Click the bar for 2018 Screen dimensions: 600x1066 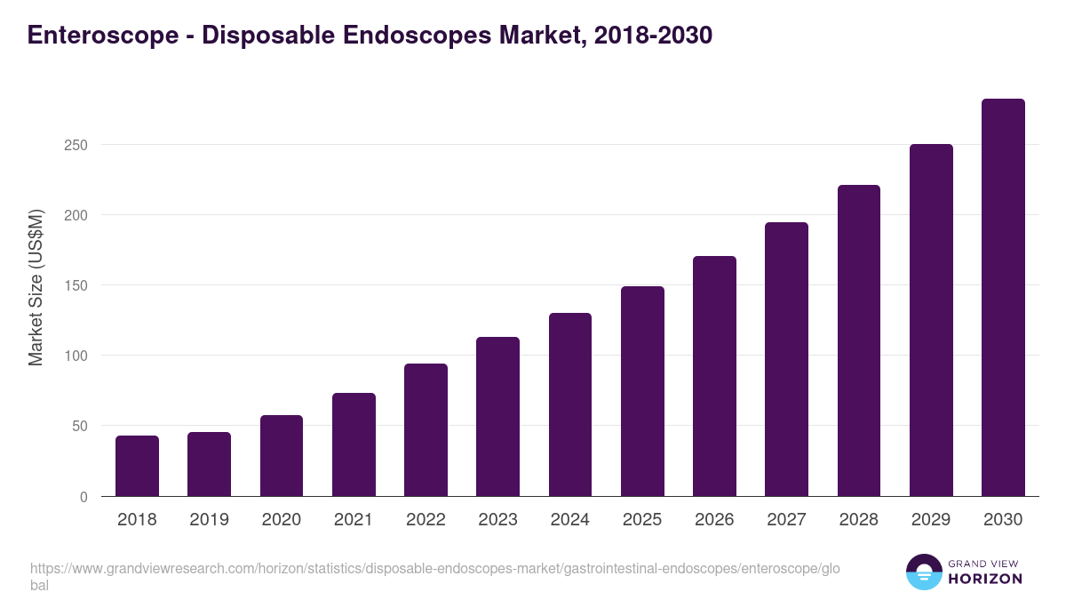click(137, 466)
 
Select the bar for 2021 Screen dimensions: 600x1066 click(354, 444)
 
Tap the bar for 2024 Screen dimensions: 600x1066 click(570, 404)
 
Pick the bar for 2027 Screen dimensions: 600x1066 click(786, 359)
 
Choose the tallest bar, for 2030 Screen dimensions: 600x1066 click(1003, 298)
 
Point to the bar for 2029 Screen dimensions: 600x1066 click(931, 320)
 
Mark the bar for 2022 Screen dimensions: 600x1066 click(426, 429)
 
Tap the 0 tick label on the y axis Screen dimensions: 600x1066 click(84, 497)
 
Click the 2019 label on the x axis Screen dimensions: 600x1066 click(209, 520)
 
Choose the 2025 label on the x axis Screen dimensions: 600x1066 click(642, 520)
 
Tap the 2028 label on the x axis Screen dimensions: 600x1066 click(858, 520)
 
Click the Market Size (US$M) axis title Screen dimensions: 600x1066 click(36, 287)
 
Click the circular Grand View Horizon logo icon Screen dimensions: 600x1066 click(924, 572)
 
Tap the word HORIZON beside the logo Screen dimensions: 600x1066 click(986, 579)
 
